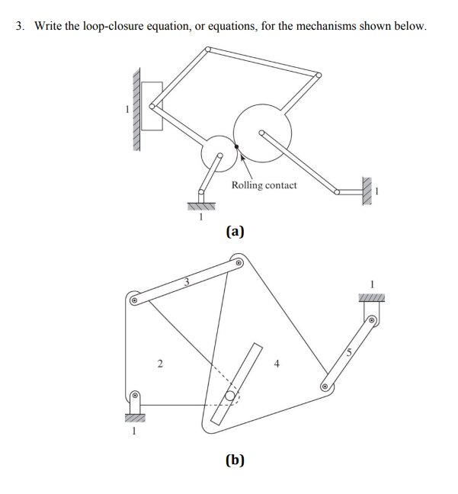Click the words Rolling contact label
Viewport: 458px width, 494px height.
coord(264,185)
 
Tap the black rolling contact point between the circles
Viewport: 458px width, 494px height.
coord(238,146)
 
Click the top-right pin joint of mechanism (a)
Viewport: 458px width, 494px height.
coord(319,75)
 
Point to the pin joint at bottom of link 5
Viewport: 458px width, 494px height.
coord(325,387)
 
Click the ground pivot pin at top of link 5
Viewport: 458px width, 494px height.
coord(373,320)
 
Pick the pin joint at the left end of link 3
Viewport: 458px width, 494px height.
coord(134,300)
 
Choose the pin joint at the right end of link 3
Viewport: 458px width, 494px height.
coord(239,264)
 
